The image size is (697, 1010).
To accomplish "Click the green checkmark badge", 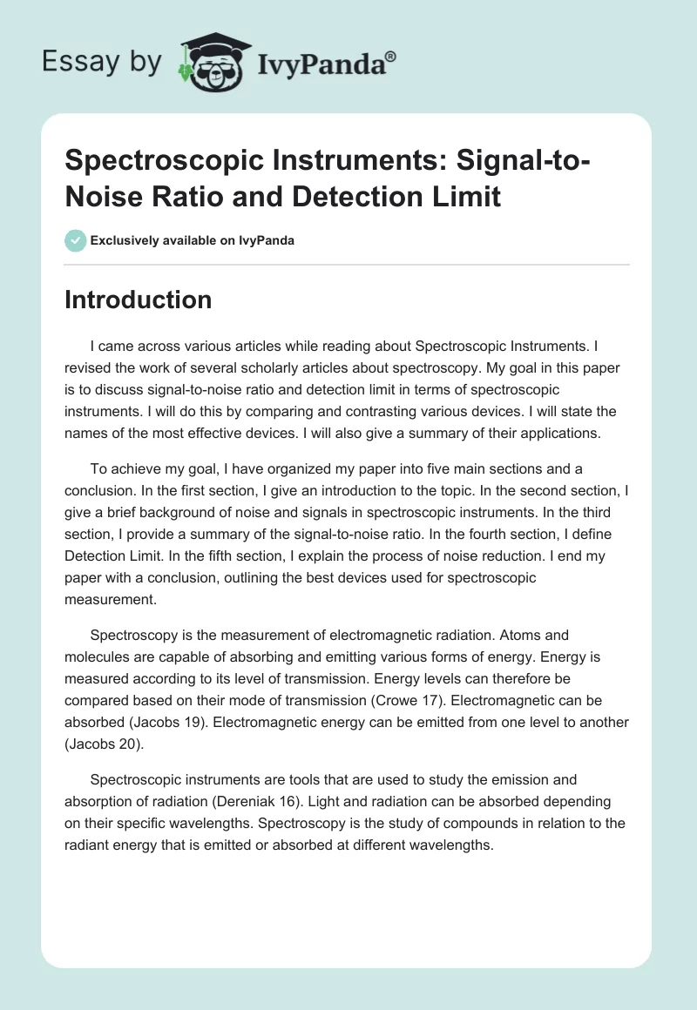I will pos(75,240).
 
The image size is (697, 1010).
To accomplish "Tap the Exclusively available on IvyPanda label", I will pos(192,240).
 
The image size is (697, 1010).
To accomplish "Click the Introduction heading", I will pos(139,300).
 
